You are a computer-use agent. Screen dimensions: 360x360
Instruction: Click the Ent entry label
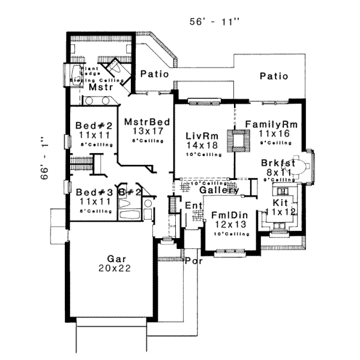194,206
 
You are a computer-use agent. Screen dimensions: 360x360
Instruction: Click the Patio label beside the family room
274,76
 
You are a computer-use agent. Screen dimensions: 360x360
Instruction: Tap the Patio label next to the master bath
152,74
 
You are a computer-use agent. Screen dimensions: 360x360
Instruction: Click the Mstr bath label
98,88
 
